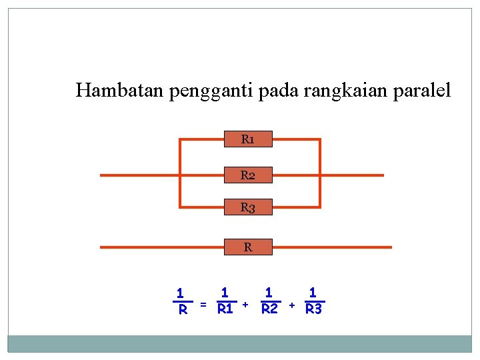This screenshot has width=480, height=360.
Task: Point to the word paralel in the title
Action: (x=423, y=89)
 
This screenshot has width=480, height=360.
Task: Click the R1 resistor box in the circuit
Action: (x=247, y=139)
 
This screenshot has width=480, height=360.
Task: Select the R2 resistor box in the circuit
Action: (x=247, y=175)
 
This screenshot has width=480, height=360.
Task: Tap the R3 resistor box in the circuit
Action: (x=247, y=207)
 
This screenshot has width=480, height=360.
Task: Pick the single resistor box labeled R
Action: (x=247, y=247)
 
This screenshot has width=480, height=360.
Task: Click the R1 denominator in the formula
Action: (x=225, y=309)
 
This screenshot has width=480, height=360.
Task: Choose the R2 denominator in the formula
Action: (x=269, y=309)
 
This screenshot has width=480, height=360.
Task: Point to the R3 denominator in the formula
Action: (x=313, y=309)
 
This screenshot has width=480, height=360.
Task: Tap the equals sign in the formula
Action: (x=203, y=305)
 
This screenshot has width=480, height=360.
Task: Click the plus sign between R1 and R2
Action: (x=245, y=305)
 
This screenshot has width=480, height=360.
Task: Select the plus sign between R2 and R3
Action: (x=291, y=305)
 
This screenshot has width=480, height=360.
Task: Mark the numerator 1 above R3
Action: (x=313, y=292)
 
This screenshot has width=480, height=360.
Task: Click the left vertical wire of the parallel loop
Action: (x=180, y=173)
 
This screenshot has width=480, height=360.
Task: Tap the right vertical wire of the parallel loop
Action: (x=320, y=173)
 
